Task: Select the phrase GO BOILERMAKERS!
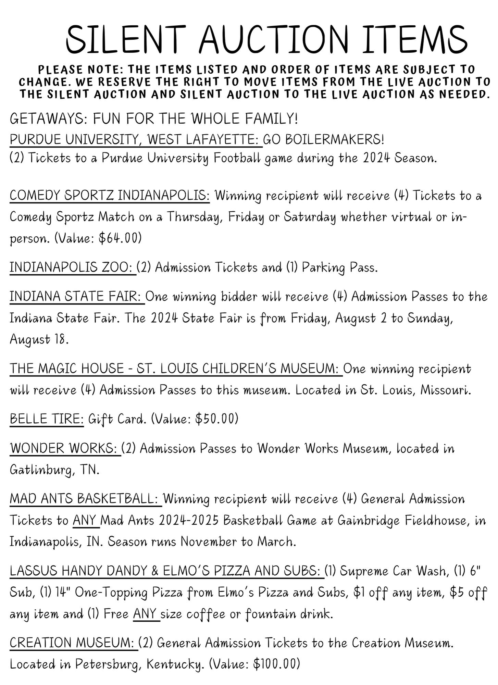pyautogui.click(x=324, y=140)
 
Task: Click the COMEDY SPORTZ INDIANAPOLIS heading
pyautogui.click(x=110, y=196)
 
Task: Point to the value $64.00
pyautogui.click(x=118, y=238)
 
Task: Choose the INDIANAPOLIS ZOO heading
pyautogui.click(x=73, y=267)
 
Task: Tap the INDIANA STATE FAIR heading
pyautogui.click(x=77, y=297)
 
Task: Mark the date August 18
pyautogui.click(x=38, y=339)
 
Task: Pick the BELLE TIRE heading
pyautogui.click(x=47, y=419)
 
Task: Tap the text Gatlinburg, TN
pyautogui.click(x=54, y=470)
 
